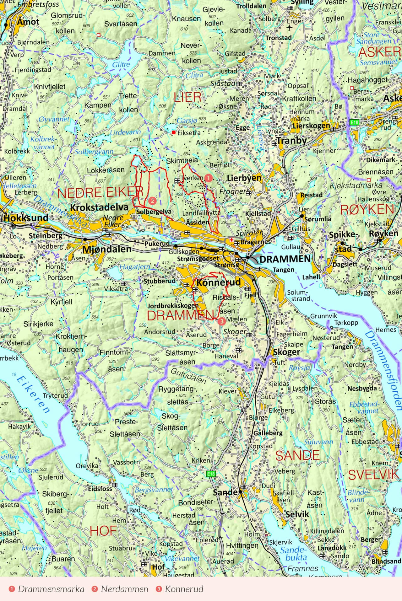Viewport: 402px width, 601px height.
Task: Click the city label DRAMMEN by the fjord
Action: point(285,259)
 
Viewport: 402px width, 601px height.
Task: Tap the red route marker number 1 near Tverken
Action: point(208,178)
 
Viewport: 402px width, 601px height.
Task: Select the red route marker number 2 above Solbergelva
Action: point(152,201)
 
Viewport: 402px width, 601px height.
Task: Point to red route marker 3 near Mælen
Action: point(222,321)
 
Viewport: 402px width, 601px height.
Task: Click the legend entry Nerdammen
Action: point(124,589)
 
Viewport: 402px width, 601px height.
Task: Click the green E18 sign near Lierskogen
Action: point(354,122)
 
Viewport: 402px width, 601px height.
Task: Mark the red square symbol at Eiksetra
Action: point(173,132)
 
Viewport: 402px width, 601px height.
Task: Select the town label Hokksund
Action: point(26,218)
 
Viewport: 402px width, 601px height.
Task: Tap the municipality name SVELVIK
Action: point(373,475)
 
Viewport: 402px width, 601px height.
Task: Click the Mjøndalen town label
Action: point(107,249)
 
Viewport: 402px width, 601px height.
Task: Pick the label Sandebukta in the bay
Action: point(293,554)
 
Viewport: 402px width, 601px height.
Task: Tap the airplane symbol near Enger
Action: point(289,28)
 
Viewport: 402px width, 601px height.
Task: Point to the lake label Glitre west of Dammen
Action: point(121,64)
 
